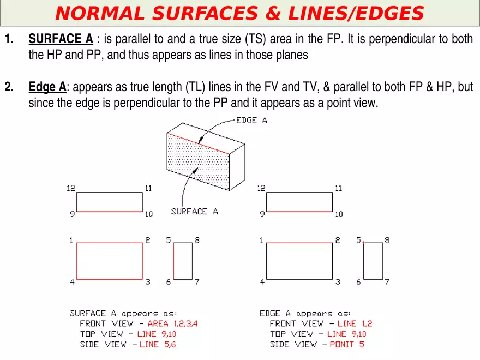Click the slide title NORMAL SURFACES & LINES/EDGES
point(239,13)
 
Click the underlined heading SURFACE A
point(61,39)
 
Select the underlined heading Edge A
point(47,87)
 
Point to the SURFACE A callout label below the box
point(194,212)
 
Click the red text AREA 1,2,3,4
point(172,323)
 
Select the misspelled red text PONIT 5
point(347,344)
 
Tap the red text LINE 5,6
point(158,344)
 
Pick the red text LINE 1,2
point(355,323)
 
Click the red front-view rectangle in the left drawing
point(109,261)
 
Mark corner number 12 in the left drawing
point(71,188)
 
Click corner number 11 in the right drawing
point(339,188)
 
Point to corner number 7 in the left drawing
point(197,282)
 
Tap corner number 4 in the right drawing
point(262,282)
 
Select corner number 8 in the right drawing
point(387,240)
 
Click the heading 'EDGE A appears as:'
point(305,314)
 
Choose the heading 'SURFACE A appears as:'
point(123,314)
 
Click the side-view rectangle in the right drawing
point(373,261)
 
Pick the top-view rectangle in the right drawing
point(299,202)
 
